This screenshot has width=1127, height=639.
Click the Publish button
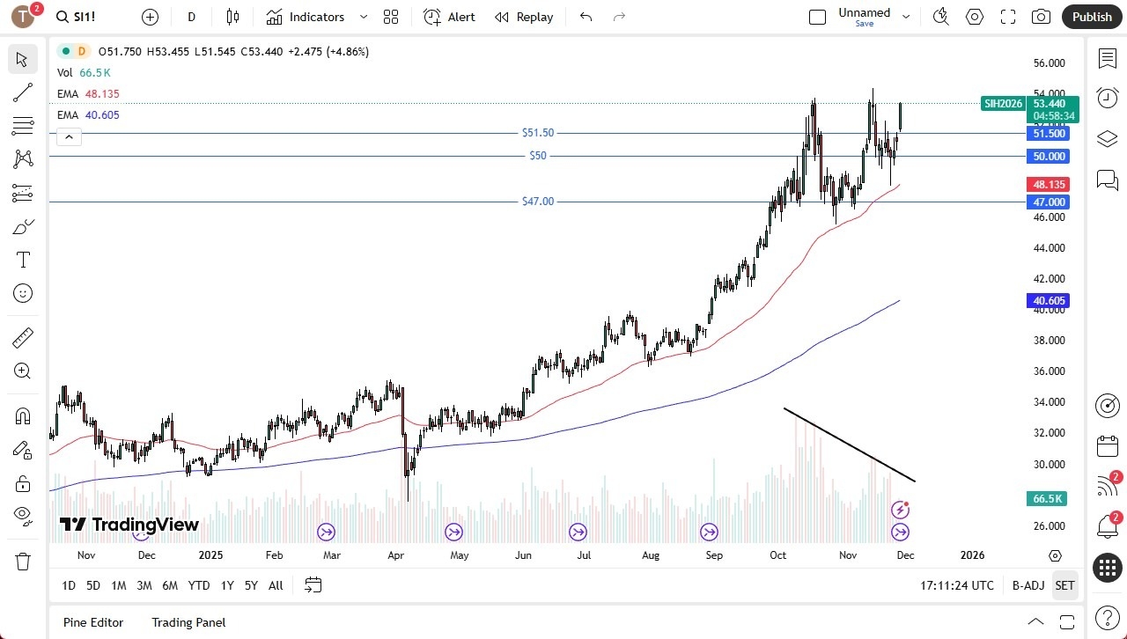(1092, 17)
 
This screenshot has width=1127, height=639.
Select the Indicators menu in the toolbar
(316, 17)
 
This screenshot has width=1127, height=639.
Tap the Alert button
(449, 17)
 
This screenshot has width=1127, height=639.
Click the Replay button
(524, 17)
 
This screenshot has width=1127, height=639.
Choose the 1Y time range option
(227, 585)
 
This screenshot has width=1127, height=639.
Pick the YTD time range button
(199, 585)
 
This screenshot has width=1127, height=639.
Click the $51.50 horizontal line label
(538, 133)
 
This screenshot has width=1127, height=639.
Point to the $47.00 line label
(538, 202)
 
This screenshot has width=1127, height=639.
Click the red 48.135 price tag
(1049, 185)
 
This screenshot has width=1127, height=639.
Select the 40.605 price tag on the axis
(1049, 301)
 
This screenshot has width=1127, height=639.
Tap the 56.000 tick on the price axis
(1049, 63)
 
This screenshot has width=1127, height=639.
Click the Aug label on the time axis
(651, 555)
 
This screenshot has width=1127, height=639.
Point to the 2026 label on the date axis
(972, 555)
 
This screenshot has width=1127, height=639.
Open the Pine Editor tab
(93, 622)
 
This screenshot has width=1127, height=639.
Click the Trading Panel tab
(188, 622)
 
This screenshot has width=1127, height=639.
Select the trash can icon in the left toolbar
(23, 562)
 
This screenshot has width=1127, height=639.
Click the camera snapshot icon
(1041, 17)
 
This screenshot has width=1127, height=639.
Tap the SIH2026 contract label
(1003, 104)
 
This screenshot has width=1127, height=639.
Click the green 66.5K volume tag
(1048, 499)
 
